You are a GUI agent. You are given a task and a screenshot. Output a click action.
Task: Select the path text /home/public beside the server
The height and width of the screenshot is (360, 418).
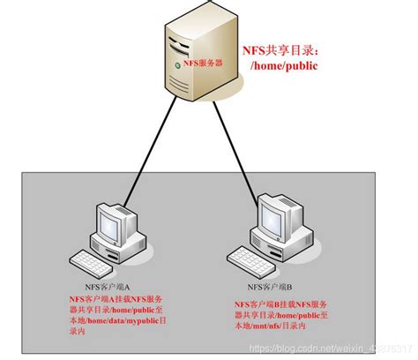click(285, 65)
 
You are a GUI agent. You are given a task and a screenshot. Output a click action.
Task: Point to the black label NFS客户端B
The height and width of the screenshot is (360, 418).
click(266, 289)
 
